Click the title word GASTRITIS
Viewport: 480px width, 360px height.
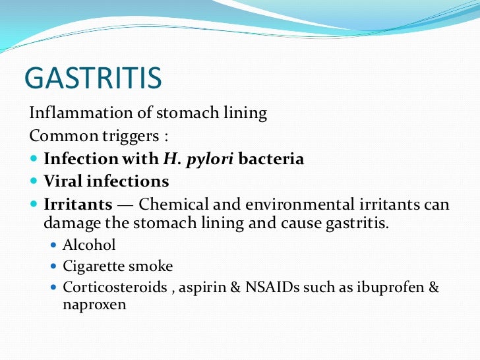coord(92,78)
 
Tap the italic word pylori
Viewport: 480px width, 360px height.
coord(202,160)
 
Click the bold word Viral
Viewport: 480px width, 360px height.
coord(62,181)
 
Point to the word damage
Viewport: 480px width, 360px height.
coord(71,222)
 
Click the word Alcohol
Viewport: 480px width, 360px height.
coord(89,245)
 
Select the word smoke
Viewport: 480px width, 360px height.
coord(151,266)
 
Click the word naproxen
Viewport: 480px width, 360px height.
coord(94,305)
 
